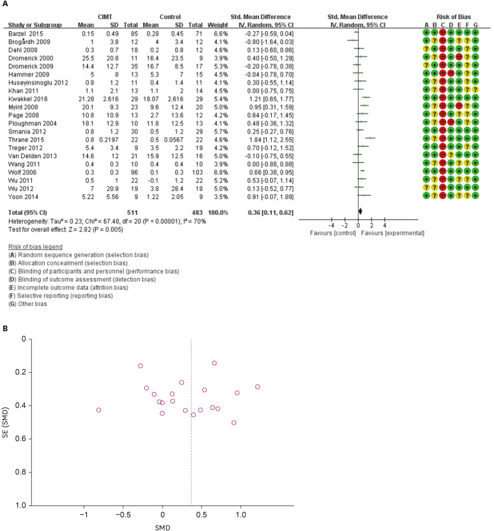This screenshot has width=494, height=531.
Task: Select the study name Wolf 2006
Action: pyautogui.click(x=20, y=170)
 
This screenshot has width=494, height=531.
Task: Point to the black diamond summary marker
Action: pyautogui.click(x=360, y=210)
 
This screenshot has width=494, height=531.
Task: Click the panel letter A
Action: pyautogui.click(x=5, y=4)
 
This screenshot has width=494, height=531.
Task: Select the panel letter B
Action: pyautogui.click(x=5, y=330)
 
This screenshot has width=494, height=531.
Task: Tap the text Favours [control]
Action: pyautogui.click(x=322, y=233)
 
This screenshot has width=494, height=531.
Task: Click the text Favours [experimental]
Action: pyautogui.click(x=391, y=233)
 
